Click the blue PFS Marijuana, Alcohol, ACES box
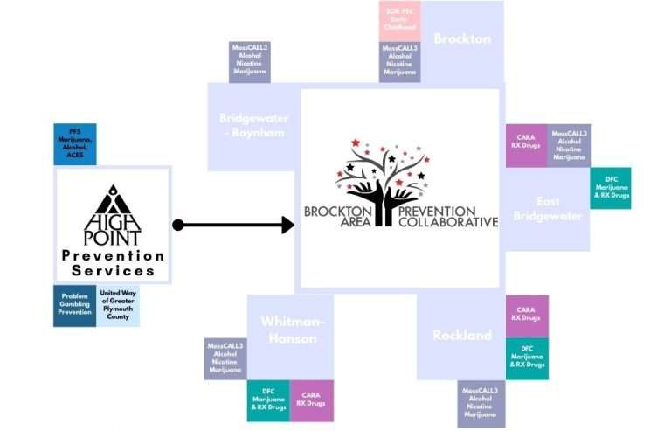[x=75, y=143]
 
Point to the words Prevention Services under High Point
[x=113, y=263]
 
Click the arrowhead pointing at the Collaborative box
[x=287, y=226]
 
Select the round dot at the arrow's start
[x=178, y=226]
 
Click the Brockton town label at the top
[x=462, y=38]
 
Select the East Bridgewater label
[x=547, y=209]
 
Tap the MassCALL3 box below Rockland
[x=481, y=403]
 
